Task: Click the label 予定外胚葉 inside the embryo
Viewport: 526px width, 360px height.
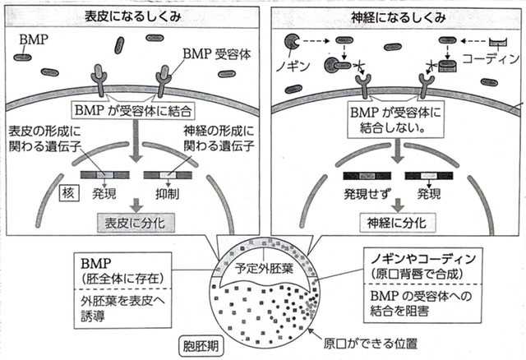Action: point(264,266)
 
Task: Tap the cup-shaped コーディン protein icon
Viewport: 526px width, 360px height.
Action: point(499,41)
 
